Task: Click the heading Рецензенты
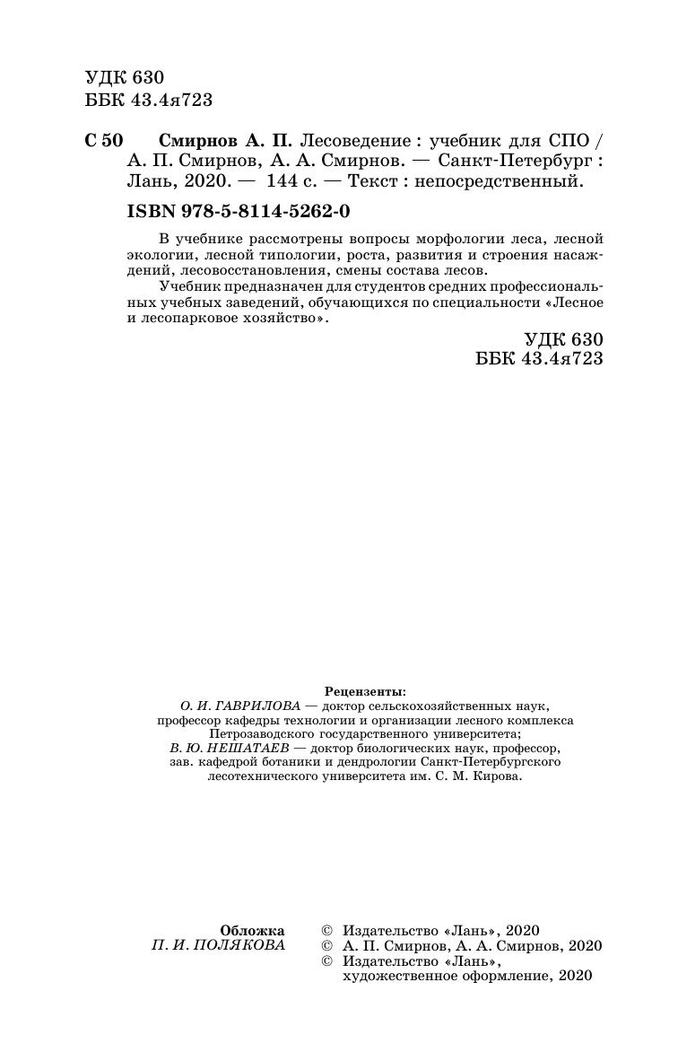pos(364,692)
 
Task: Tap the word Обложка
pos(252,930)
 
